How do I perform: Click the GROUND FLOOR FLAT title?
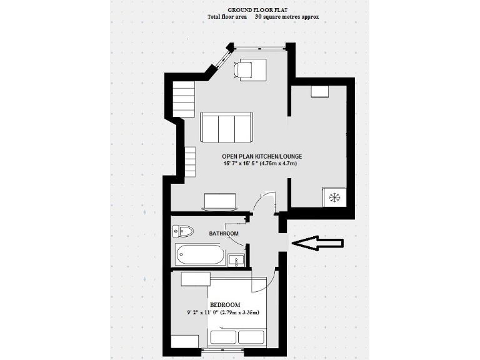(257, 10)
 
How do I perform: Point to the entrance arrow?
(318, 244)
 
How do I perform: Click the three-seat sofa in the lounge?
(226, 127)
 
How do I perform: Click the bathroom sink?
(234, 260)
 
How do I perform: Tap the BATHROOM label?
(224, 234)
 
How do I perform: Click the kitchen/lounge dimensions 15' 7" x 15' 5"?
(259, 164)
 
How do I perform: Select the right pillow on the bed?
(251, 337)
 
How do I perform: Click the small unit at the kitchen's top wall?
(319, 91)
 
